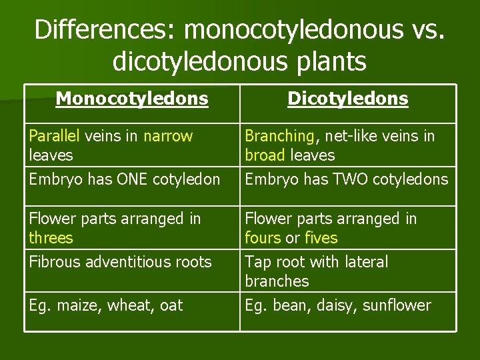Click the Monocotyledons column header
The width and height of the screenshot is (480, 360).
[132, 99]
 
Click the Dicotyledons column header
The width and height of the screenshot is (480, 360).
[347, 99]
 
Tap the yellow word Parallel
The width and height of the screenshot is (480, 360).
[54, 136]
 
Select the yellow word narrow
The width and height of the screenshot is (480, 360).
[168, 136]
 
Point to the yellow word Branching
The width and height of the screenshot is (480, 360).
[279, 137]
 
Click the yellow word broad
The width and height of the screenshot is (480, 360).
[265, 155]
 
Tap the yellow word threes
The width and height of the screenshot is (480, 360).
[51, 238]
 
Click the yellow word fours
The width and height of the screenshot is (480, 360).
[263, 238]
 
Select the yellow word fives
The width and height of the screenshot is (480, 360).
[321, 238]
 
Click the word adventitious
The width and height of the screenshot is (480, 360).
[125, 262]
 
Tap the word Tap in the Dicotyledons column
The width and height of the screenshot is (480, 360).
[258, 262]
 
